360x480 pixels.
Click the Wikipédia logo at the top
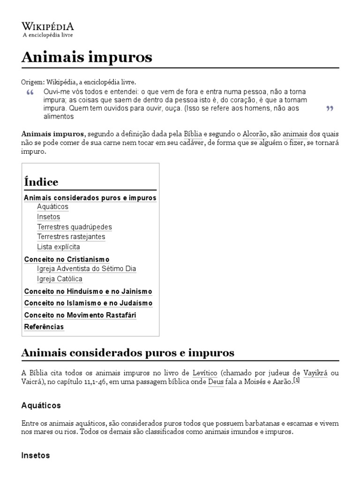(48, 29)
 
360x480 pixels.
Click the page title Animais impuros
(87, 57)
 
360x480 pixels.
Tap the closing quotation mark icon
(329, 109)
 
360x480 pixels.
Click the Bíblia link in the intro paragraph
(193, 134)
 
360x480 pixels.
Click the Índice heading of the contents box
(41, 182)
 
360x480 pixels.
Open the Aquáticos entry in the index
(52, 207)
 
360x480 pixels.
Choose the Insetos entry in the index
(49, 217)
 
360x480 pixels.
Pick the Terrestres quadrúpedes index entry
(75, 227)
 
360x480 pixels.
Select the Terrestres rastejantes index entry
(71, 237)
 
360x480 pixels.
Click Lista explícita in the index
(59, 247)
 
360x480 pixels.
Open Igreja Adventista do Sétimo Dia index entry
(87, 269)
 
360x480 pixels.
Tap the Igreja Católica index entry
(60, 279)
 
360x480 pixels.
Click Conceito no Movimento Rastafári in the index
(80, 315)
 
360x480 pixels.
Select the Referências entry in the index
(44, 327)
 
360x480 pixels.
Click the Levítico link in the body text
(204, 373)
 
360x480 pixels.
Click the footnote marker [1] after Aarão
(296, 381)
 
